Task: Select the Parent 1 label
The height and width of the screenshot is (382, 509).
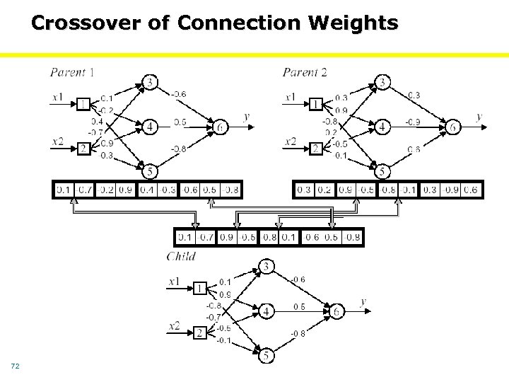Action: point(73,71)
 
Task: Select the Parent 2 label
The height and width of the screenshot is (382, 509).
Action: point(305,71)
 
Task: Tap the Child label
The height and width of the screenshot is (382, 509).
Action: point(181,256)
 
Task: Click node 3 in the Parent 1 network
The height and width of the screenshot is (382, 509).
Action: point(150,83)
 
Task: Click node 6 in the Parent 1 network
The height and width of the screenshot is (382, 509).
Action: point(221,127)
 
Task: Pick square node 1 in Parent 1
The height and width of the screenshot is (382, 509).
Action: point(83,104)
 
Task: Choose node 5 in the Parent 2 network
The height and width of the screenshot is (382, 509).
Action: point(382,171)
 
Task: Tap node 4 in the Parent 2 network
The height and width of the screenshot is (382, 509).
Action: point(382,127)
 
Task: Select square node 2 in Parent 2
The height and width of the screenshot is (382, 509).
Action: point(316,148)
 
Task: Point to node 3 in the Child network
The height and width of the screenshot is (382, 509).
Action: point(267,267)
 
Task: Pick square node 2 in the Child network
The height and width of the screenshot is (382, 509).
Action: point(200,332)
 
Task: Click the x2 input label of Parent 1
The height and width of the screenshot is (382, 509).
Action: point(58,141)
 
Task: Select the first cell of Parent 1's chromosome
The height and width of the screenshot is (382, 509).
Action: point(64,190)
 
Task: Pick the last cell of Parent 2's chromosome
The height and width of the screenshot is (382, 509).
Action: point(471,190)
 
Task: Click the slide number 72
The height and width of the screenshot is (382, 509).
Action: point(15,366)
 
